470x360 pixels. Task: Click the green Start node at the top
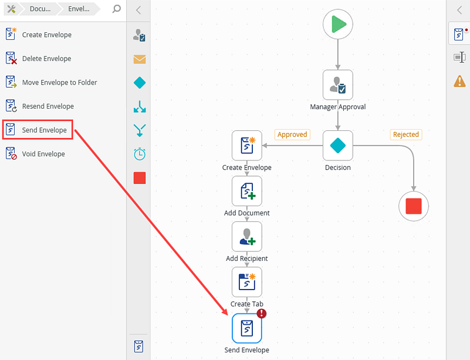pos(338,24)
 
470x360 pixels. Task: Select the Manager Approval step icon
pos(338,85)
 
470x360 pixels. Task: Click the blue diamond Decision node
pos(338,146)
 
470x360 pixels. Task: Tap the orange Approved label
pos(292,134)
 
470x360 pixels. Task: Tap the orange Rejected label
pos(406,134)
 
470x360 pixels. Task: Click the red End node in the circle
pos(414,206)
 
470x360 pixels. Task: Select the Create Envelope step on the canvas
pos(247,146)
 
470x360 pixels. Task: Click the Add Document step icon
pos(247,191)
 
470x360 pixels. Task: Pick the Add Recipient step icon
pos(247,237)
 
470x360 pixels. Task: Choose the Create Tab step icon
pos(247,282)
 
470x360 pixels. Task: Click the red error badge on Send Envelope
pos(262,314)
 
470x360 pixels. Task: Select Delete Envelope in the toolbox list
pos(46,59)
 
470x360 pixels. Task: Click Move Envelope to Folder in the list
pos(59,82)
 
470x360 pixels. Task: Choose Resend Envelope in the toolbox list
pos(48,106)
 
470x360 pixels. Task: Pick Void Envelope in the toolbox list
pos(43,154)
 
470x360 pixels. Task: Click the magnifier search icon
pos(117,9)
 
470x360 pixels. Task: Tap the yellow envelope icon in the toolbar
pos(140,59)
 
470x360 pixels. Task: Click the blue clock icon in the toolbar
pos(140,154)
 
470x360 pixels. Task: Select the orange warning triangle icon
pos(459,81)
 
